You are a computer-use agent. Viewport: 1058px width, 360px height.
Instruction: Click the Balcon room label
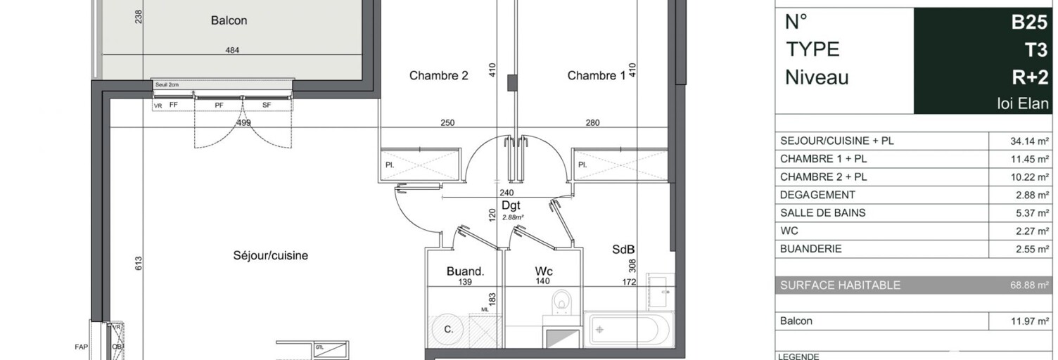point(229,20)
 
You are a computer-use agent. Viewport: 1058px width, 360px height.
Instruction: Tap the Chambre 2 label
point(438,75)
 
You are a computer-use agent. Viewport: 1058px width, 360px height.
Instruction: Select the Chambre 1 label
point(596,75)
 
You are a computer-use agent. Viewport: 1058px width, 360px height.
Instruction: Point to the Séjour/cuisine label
point(270,255)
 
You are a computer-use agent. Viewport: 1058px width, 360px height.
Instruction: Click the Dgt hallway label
point(511,205)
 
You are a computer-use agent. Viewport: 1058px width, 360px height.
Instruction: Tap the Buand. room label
point(464,271)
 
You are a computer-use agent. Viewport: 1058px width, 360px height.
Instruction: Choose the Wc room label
point(543,271)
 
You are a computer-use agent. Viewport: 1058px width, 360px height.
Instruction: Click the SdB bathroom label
point(623,249)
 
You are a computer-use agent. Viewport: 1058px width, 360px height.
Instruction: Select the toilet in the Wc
point(561,301)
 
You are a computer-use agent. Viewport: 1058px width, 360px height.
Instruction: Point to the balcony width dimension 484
point(232,50)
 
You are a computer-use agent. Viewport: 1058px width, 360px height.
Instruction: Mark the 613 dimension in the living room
point(139,264)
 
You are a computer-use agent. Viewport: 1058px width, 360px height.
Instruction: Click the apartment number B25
point(1029,22)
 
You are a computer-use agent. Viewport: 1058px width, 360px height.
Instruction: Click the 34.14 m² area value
point(1030,141)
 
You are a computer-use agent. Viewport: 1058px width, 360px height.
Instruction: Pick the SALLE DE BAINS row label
point(822,212)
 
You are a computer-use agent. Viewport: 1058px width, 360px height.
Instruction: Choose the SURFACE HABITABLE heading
point(840,285)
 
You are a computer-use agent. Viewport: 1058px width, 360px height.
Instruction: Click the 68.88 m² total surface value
point(1030,285)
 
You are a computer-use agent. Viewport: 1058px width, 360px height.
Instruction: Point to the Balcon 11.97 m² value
point(1030,321)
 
